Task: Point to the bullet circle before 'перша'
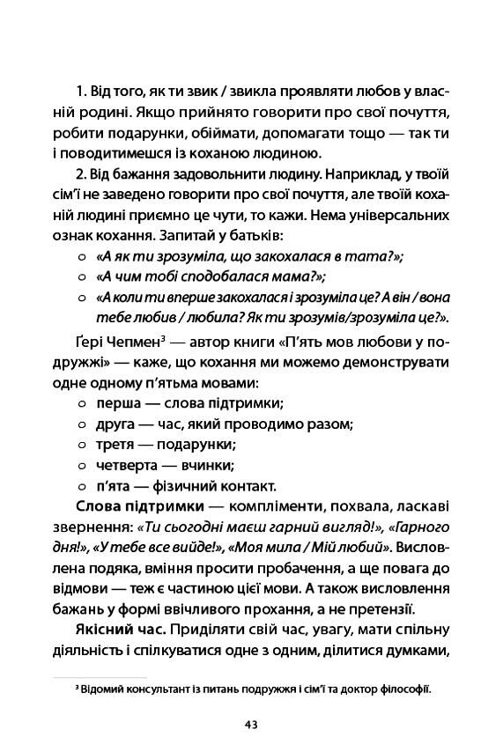(x=81, y=404)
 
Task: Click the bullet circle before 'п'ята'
(x=81, y=485)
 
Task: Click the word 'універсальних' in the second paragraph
(x=403, y=213)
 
